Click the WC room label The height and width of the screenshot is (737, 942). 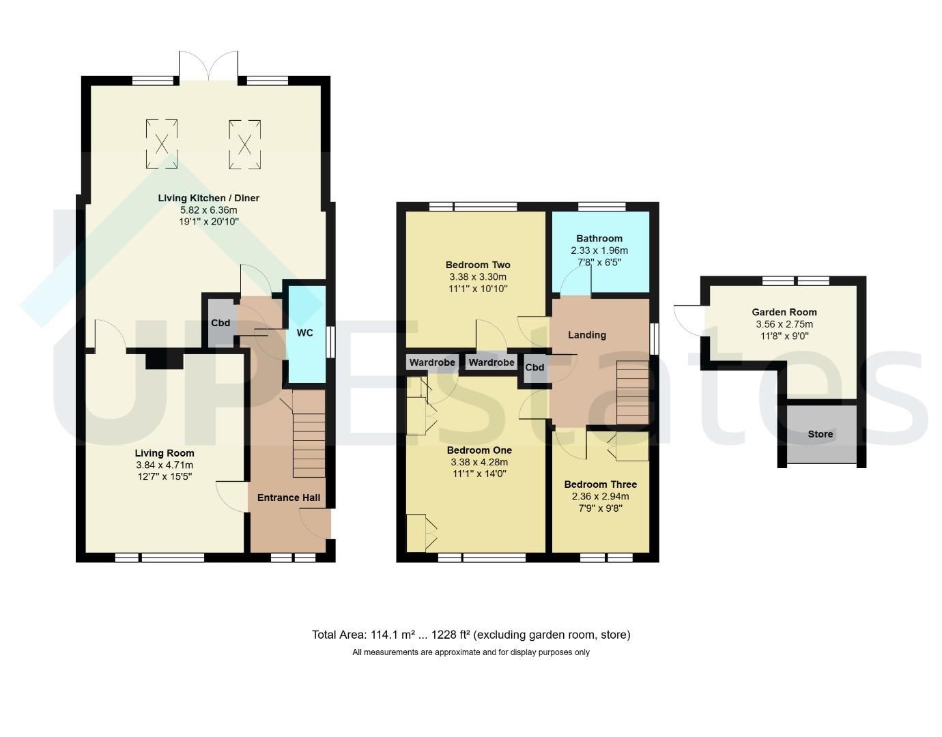click(x=304, y=333)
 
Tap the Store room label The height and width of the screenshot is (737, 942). click(x=820, y=434)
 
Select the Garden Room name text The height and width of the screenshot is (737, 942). click(x=784, y=312)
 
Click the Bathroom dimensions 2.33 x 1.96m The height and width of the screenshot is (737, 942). click(x=599, y=250)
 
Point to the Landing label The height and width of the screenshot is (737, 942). click(x=586, y=334)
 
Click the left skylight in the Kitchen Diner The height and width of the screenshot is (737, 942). click(x=162, y=143)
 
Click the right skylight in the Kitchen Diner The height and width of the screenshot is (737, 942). click(x=245, y=143)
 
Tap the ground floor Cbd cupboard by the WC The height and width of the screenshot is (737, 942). click(x=220, y=323)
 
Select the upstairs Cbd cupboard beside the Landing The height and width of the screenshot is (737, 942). click(x=534, y=368)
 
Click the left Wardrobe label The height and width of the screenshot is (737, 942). click(x=432, y=362)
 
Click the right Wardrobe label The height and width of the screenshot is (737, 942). click(x=491, y=362)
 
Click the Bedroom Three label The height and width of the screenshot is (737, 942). click(x=600, y=485)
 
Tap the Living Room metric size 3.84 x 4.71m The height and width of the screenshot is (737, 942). click(x=164, y=465)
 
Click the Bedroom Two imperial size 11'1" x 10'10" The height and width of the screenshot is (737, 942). click(x=478, y=289)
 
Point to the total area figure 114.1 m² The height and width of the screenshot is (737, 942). click(x=392, y=635)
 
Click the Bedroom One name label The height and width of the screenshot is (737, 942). click(x=479, y=450)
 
